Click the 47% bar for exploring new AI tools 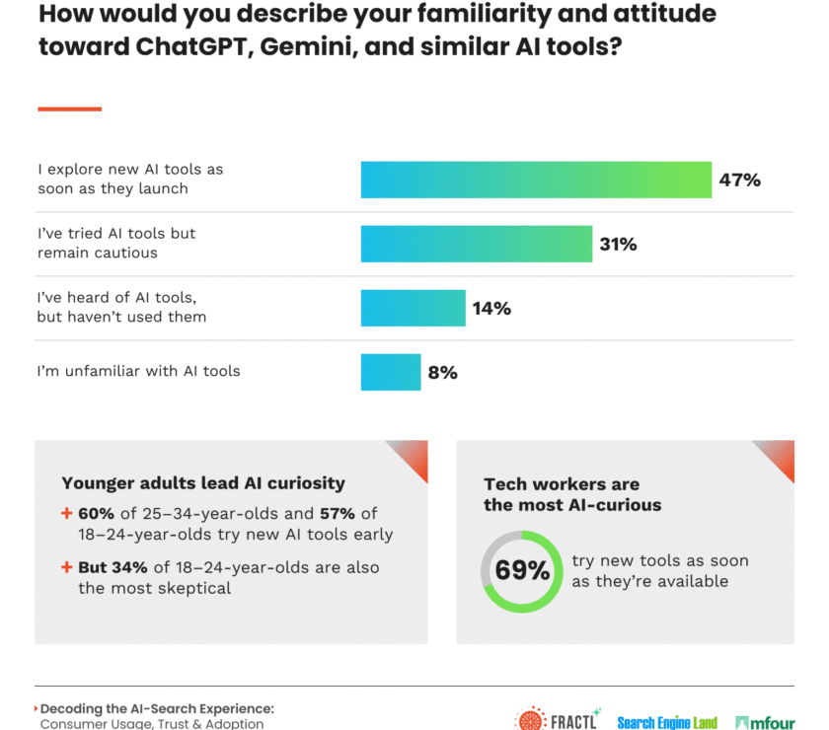536,180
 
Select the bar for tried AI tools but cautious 476,244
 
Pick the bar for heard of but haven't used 413,308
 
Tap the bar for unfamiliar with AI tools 390,372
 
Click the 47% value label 739,180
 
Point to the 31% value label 618,244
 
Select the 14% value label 491,308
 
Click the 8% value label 442,372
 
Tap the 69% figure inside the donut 522,571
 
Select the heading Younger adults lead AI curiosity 203,483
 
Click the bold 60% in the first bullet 98,514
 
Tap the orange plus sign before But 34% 67,567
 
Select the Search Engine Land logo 667,722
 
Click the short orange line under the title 69,109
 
